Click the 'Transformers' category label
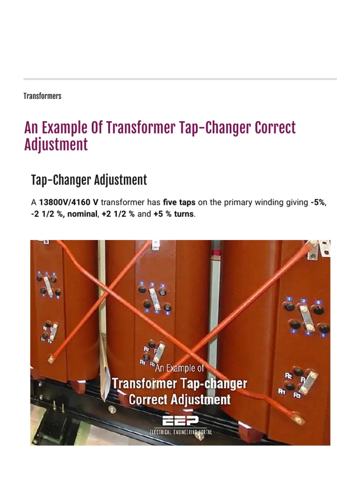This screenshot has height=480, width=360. (x=42, y=96)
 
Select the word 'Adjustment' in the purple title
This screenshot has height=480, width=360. (x=56, y=145)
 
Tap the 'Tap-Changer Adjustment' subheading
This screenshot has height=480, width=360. (x=89, y=180)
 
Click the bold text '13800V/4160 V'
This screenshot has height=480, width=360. (x=68, y=203)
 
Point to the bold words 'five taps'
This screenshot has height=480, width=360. (x=180, y=203)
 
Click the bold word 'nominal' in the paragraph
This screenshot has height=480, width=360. (x=82, y=214)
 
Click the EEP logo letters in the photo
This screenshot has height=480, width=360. (x=180, y=421)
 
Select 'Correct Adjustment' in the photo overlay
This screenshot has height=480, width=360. (x=180, y=400)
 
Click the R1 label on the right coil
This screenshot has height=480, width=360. (x=282, y=391)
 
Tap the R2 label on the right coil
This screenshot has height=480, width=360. (x=289, y=375)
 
